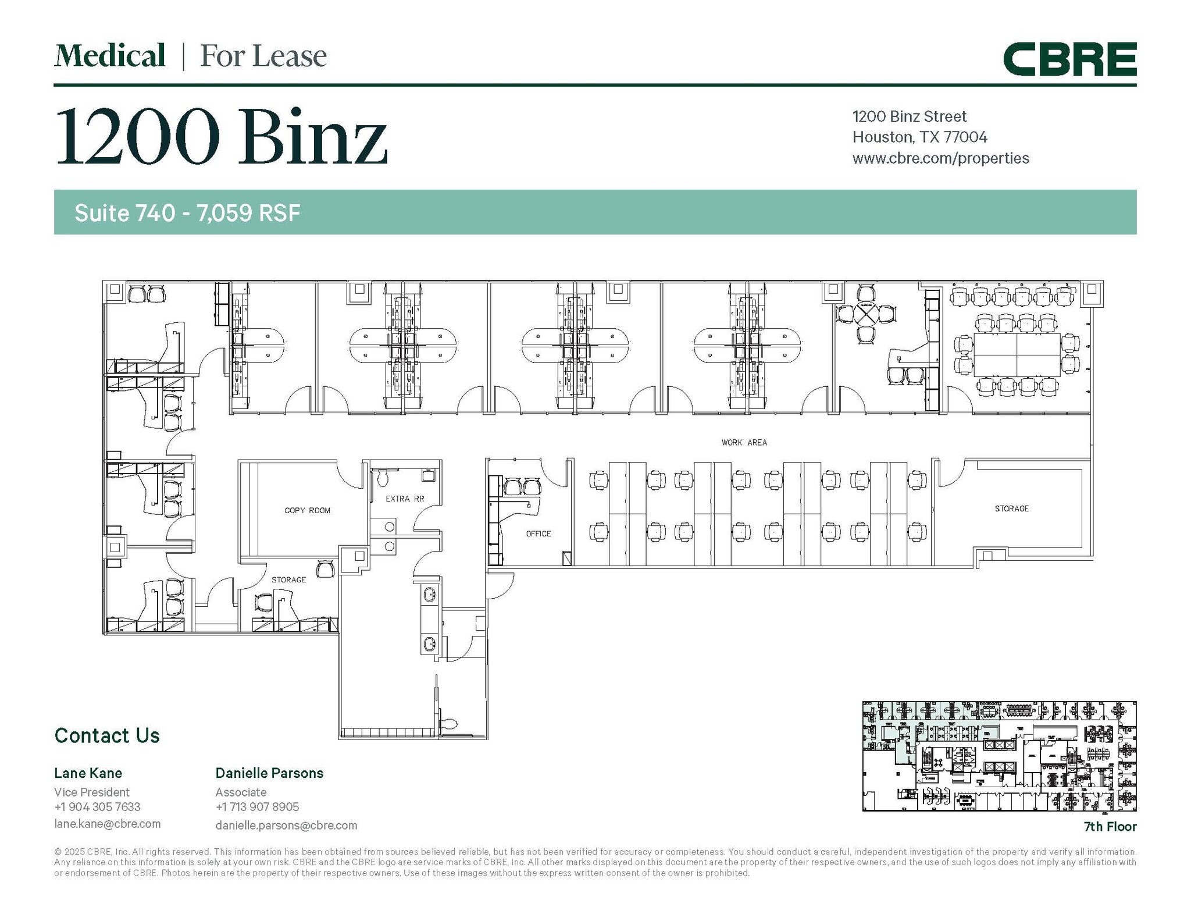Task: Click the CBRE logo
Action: click(x=1069, y=59)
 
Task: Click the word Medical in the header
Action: click(x=110, y=56)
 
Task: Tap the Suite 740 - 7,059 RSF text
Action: click(x=187, y=213)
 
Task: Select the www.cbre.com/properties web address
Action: click(x=940, y=158)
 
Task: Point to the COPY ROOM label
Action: click(x=307, y=510)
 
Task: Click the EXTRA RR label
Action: click(x=405, y=499)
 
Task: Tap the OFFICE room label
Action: click(x=538, y=534)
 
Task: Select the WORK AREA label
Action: click(x=744, y=443)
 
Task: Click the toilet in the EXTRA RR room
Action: click(x=383, y=478)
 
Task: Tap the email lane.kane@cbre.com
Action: click(x=108, y=824)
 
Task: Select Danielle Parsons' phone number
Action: click(x=257, y=807)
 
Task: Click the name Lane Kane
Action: click(x=88, y=773)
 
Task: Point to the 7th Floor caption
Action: click(x=1110, y=827)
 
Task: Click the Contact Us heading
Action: click(x=107, y=735)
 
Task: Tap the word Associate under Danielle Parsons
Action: click(x=241, y=792)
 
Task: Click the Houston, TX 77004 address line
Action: click(x=919, y=137)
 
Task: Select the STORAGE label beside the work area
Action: click(x=1011, y=508)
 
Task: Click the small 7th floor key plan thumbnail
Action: click(x=999, y=756)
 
